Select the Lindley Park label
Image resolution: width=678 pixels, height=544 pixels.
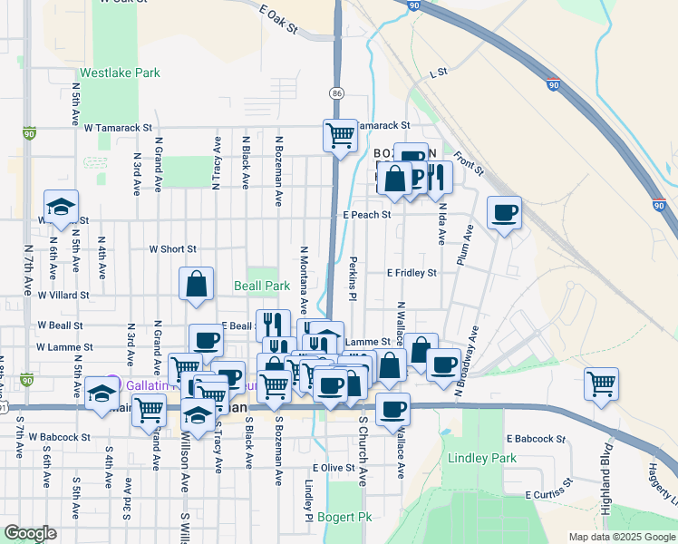(481, 458)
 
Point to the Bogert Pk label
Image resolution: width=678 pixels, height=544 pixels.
(344, 518)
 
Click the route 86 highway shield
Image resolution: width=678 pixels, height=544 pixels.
(337, 93)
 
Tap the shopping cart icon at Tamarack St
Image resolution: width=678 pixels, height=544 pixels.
(340, 135)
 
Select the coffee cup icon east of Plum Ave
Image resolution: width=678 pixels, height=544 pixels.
(504, 213)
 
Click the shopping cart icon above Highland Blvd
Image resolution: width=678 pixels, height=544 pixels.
(602, 384)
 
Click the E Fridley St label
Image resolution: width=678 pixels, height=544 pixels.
(412, 272)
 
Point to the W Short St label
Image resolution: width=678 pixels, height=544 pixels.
(173, 249)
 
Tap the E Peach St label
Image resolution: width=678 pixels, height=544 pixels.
(366, 215)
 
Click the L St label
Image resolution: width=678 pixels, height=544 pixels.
(440, 71)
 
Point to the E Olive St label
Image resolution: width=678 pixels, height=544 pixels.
(332, 467)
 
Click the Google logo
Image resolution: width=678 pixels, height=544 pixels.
(30, 534)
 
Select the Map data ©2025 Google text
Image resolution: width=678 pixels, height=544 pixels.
(621, 537)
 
